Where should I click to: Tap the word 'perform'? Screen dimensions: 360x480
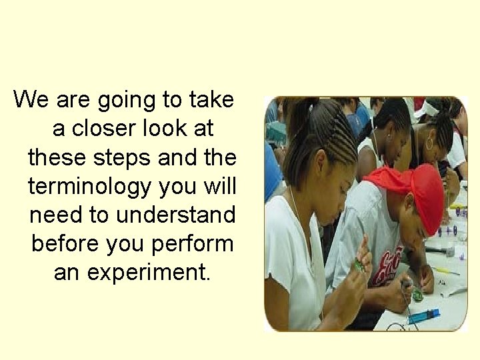[x=193, y=244]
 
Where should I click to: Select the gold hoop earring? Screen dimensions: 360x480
[x=429, y=143]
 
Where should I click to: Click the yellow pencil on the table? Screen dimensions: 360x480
[x=445, y=271]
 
